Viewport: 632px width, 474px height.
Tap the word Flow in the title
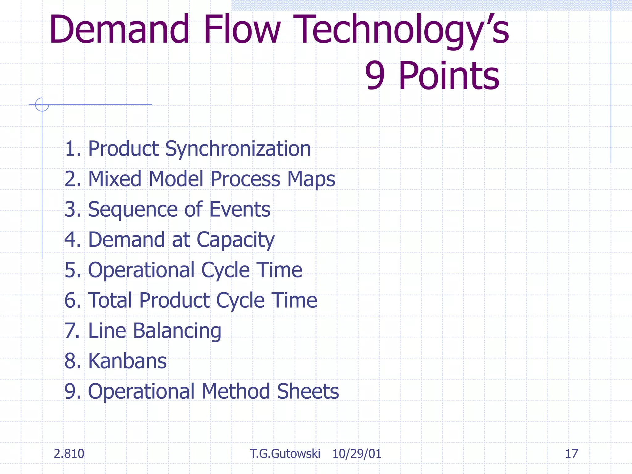[x=242, y=29]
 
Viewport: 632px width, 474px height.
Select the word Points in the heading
[x=449, y=76]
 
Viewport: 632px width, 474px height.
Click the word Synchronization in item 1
[x=238, y=149]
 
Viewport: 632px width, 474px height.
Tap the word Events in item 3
[x=240, y=209]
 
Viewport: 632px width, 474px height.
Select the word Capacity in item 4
[x=235, y=240]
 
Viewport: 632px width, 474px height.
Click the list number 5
[x=72, y=270]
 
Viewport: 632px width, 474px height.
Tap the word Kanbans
[x=127, y=361]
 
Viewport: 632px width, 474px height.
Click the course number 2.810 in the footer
[x=69, y=454]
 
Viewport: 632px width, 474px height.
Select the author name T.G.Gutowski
[x=285, y=454]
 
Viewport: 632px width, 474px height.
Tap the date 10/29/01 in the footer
[x=357, y=454]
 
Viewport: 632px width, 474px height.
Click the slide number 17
[x=571, y=454]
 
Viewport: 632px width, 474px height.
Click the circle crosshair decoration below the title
[x=42, y=104]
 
